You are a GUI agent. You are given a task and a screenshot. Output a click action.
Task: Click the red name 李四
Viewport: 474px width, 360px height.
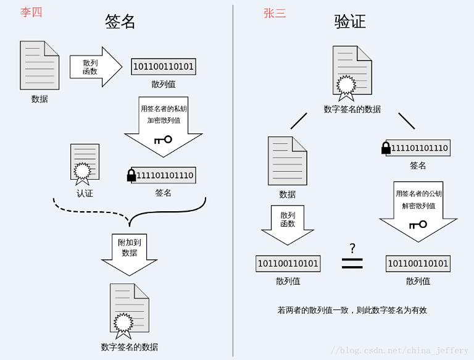tap(31, 12)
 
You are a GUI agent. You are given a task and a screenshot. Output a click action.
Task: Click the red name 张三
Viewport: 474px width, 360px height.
tap(275, 13)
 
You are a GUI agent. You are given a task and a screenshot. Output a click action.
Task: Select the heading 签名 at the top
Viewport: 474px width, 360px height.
tap(120, 22)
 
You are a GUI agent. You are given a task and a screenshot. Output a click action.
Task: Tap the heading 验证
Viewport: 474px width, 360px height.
tap(350, 22)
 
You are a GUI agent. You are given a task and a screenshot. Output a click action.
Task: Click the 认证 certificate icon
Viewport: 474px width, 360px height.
tap(85, 164)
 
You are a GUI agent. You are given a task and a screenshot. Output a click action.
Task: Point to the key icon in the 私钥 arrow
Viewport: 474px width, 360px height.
tap(163, 140)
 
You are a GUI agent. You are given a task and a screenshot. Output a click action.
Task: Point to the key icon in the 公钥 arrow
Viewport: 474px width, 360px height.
tap(418, 224)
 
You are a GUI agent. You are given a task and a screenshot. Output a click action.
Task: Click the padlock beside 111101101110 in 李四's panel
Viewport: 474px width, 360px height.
tap(131, 175)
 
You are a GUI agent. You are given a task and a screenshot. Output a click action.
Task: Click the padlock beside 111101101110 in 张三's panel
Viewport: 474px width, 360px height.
tap(386, 148)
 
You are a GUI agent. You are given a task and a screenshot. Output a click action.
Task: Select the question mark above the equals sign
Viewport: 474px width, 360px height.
tap(352, 248)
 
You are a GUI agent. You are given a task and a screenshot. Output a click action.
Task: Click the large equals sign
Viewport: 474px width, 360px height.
tap(352, 264)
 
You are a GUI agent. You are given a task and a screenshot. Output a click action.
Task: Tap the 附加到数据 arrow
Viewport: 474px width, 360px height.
tap(130, 253)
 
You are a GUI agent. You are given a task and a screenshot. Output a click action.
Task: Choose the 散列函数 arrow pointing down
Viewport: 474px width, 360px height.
tap(288, 224)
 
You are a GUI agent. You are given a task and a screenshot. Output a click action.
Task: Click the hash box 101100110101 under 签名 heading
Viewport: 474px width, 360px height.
tap(164, 67)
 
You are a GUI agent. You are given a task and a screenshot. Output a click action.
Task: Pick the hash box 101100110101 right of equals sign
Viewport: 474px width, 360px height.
tap(418, 264)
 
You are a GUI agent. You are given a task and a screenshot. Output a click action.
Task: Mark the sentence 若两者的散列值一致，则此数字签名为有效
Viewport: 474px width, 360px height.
tap(352, 310)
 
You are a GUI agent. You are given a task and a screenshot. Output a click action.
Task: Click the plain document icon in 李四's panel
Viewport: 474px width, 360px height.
tap(39, 65)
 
